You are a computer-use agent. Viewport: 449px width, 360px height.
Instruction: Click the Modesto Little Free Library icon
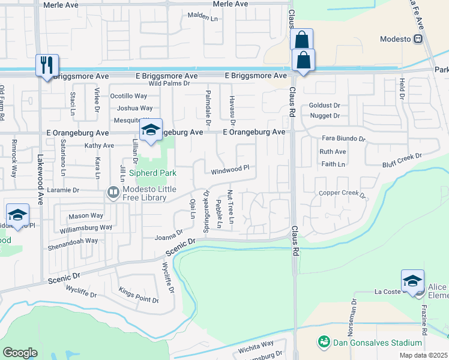point(113,192)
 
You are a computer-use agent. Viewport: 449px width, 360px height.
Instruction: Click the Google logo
point(20,352)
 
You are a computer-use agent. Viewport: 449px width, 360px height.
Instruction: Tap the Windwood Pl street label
point(229,170)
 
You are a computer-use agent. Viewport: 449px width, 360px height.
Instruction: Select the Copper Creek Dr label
point(342,194)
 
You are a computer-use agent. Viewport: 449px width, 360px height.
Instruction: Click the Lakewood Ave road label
point(40,170)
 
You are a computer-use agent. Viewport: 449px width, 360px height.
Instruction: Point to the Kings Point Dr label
point(139,296)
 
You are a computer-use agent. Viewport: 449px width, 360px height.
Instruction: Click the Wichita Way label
point(256,347)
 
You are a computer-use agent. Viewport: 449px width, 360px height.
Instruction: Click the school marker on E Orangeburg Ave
point(151,130)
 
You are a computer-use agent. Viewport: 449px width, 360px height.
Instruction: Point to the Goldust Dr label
point(324,105)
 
